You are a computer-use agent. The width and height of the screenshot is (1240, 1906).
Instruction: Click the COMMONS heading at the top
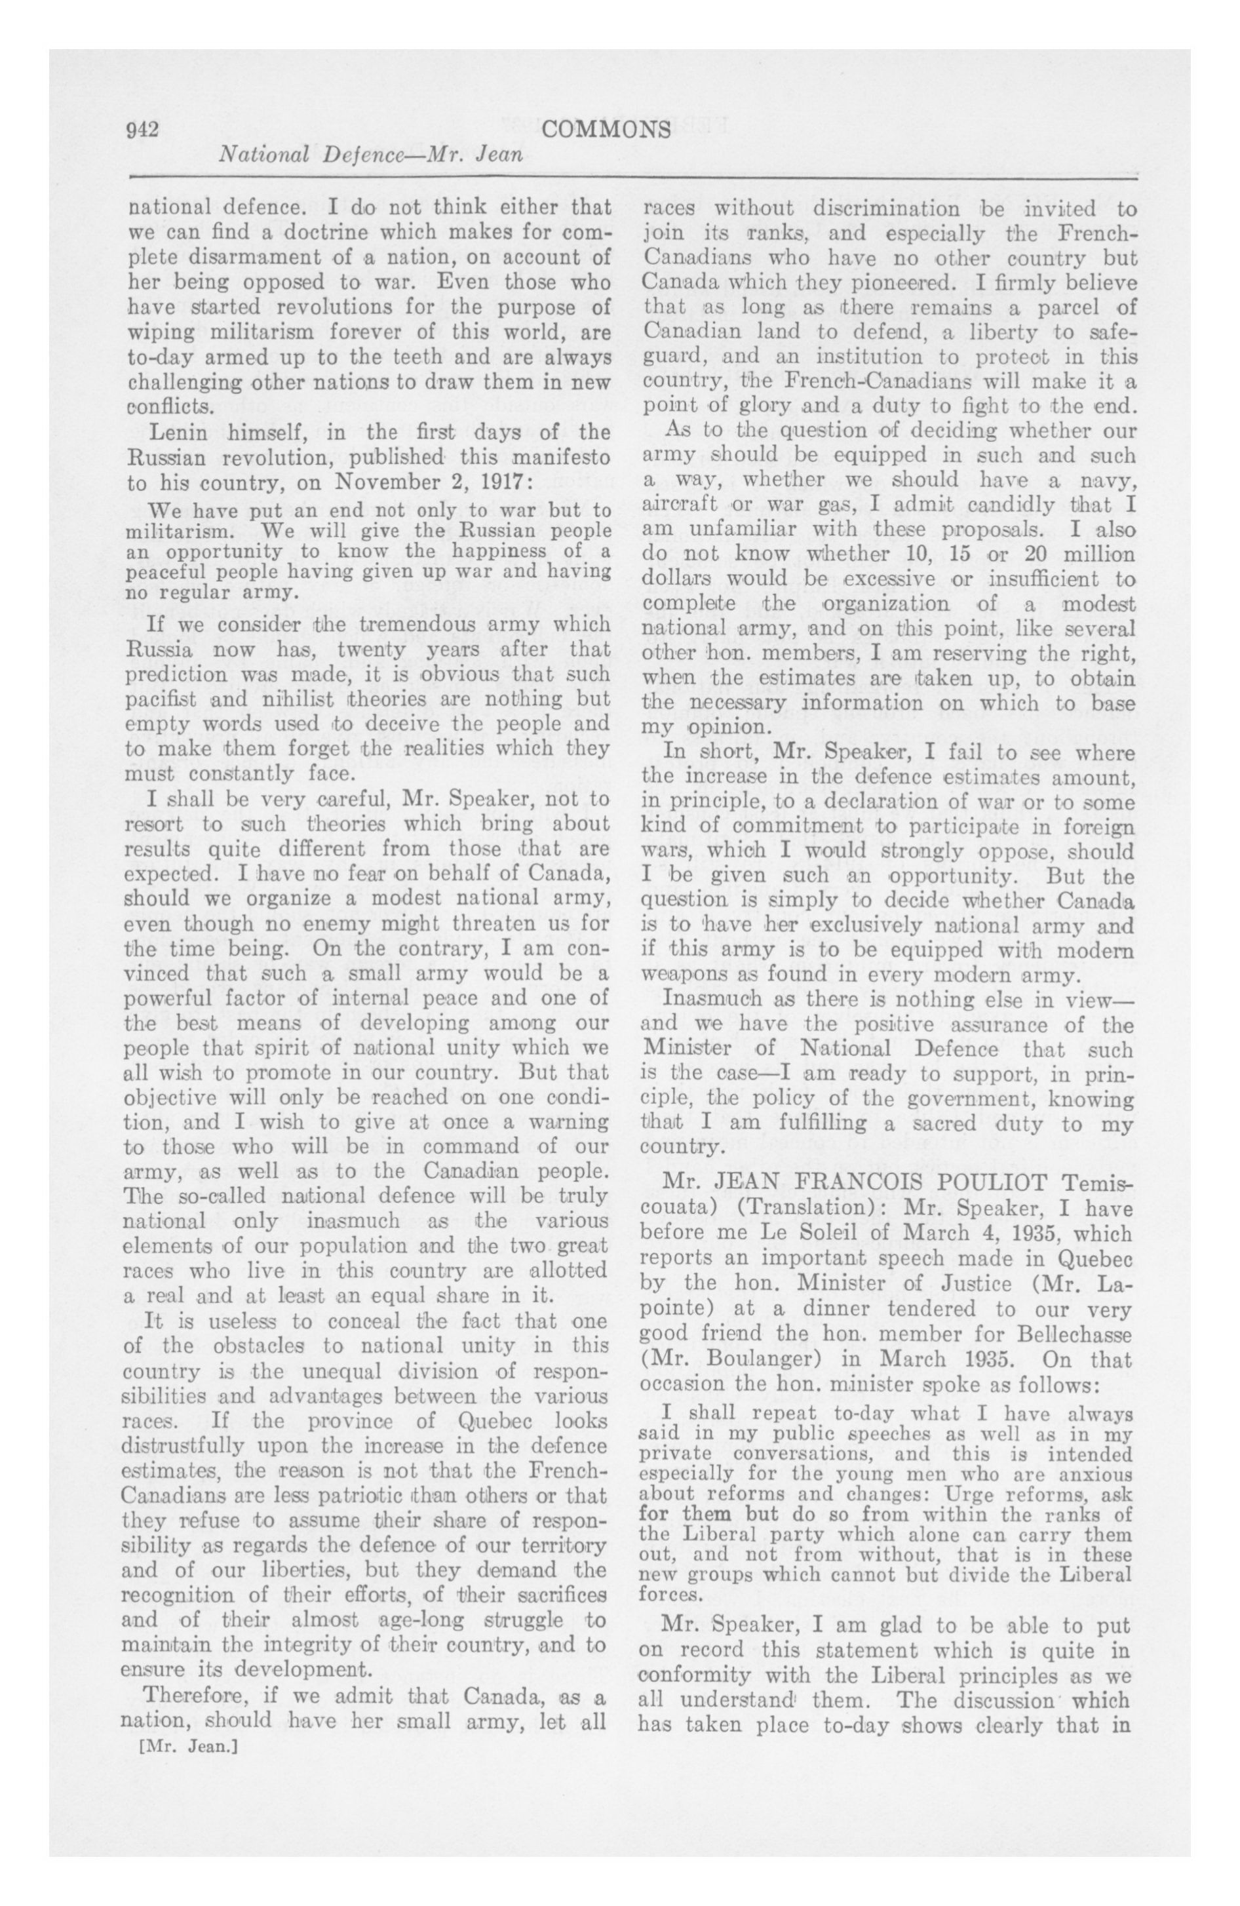(x=606, y=129)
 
